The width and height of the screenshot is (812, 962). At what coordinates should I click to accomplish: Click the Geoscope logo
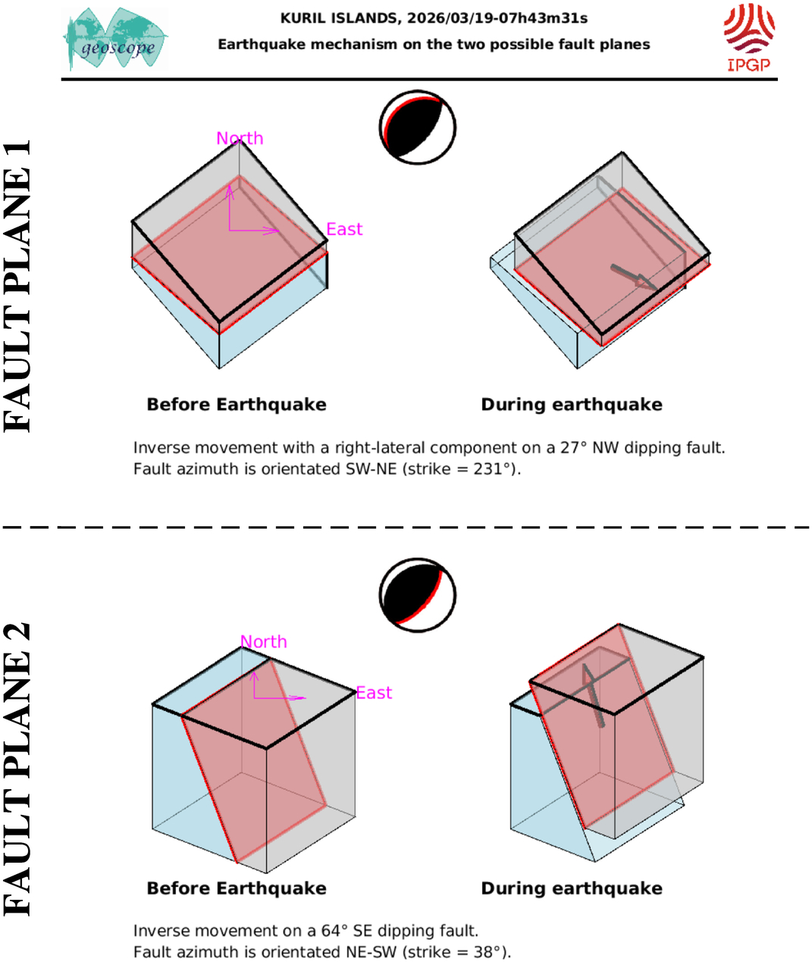115,39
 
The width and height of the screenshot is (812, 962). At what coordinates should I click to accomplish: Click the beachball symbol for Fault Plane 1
417,127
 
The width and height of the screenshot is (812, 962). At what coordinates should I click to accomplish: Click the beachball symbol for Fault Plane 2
417,595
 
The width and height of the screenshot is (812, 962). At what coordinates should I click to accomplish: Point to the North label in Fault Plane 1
240,138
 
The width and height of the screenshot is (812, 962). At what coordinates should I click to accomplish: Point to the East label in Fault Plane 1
344,229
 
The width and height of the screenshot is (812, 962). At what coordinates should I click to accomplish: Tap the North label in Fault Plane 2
264,641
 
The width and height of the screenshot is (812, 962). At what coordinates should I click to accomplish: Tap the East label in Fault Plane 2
374,693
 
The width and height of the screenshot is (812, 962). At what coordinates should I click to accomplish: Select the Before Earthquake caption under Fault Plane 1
237,405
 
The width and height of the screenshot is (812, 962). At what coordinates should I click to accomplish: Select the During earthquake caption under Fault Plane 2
572,888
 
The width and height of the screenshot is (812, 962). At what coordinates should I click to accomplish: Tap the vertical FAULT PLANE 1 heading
18,286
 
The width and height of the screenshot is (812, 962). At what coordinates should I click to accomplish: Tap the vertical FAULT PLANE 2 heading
18,769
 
